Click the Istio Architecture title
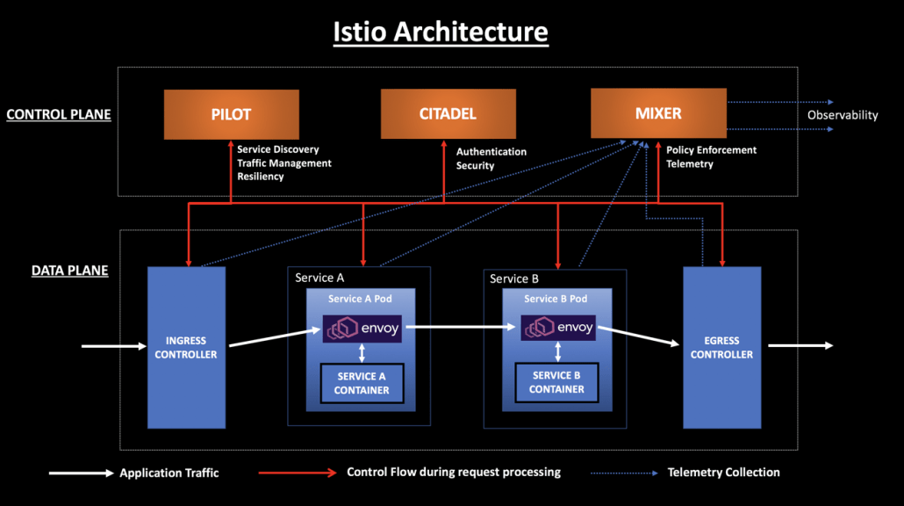(x=441, y=32)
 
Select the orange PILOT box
(x=231, y=114)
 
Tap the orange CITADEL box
(x=447, y=114)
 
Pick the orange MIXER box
(x=658, y=113)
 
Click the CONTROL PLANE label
(x=59, y=114)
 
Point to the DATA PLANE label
(x=70, y=271)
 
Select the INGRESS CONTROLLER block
(x=186, y=348)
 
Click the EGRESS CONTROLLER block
(x=721, y=348)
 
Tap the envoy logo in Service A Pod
(x=361, y=329)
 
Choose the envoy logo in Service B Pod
(x=557, y=329)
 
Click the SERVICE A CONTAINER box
(x=362, y=384)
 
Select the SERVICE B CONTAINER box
(x=556, y=382)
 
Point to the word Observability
(x=843, y=115)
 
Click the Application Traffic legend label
(x=169, y=473)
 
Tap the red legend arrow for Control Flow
(x=298, y=473)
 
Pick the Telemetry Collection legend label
(x=723, y=473)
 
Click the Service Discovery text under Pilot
(x=278, y=149)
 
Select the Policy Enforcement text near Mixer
(x=711, y=150)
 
